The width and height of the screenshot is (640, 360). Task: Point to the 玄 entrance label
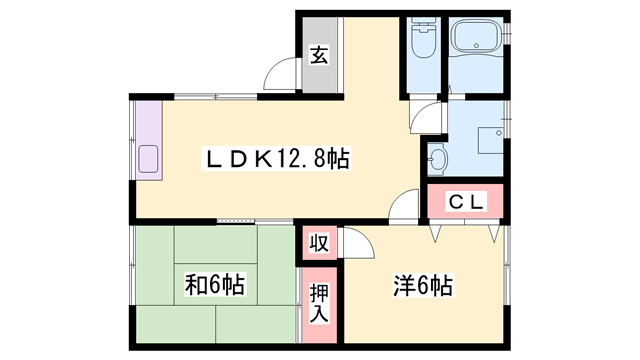[318, 56]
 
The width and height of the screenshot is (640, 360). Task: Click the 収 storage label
[318, 243]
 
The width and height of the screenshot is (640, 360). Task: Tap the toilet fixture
[421, 42]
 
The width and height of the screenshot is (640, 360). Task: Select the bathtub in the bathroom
[479, 39]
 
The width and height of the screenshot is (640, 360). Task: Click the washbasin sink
[438, 156]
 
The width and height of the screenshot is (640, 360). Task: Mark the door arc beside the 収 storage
[352, 243]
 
